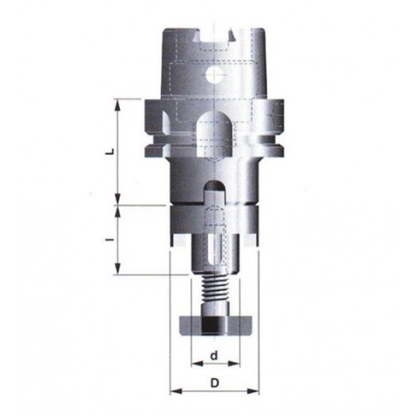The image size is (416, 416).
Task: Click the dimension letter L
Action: [x=112, y=151]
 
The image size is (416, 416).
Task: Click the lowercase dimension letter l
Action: [x=111, y=239]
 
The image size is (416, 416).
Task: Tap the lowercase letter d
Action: [x=214, y=355]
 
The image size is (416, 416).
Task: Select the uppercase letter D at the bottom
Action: [x=214, y=383]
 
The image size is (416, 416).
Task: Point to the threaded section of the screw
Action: [x=215, y=288]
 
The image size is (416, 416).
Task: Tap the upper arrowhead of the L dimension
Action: [x=118, y=105]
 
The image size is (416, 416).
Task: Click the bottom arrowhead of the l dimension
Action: [x=118, y=269]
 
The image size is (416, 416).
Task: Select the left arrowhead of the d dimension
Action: [x=197, y=364]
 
